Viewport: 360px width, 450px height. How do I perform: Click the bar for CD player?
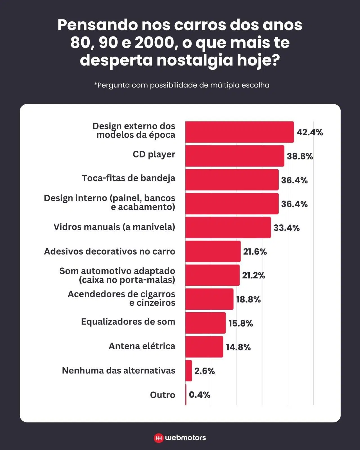tap(235, 156)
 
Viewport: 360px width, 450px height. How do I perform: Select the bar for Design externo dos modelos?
tap(239, 132)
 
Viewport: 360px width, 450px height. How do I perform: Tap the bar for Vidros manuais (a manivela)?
tap(228, 228)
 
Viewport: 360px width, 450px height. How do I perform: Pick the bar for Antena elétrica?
tap(204, 347)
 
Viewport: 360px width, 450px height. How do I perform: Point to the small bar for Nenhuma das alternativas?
tap(189, 371)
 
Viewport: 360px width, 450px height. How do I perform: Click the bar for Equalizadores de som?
tap(205, 323)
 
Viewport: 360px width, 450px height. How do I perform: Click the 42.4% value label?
tap(310, 132)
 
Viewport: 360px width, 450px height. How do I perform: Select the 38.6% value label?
tap(300, 156)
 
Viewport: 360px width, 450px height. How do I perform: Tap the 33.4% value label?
tap(286, 228)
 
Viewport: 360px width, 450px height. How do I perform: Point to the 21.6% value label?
tap(255, 251)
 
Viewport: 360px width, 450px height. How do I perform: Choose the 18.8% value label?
tap(248, 299)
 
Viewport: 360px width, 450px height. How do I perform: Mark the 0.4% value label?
tap(199, 395)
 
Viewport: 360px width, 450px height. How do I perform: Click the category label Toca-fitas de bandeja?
tap(129, 178)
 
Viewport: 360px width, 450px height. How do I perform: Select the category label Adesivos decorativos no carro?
tap(109, 251)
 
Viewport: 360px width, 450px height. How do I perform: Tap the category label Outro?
tap(163, 395)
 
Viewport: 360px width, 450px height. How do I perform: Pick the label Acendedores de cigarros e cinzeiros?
tap(121, 298)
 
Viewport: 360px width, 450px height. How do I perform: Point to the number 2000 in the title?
tap(156, 43)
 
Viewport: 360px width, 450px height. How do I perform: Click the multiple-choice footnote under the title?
tap(182, 85)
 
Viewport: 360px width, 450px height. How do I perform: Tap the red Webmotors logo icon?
tap(159, 438)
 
